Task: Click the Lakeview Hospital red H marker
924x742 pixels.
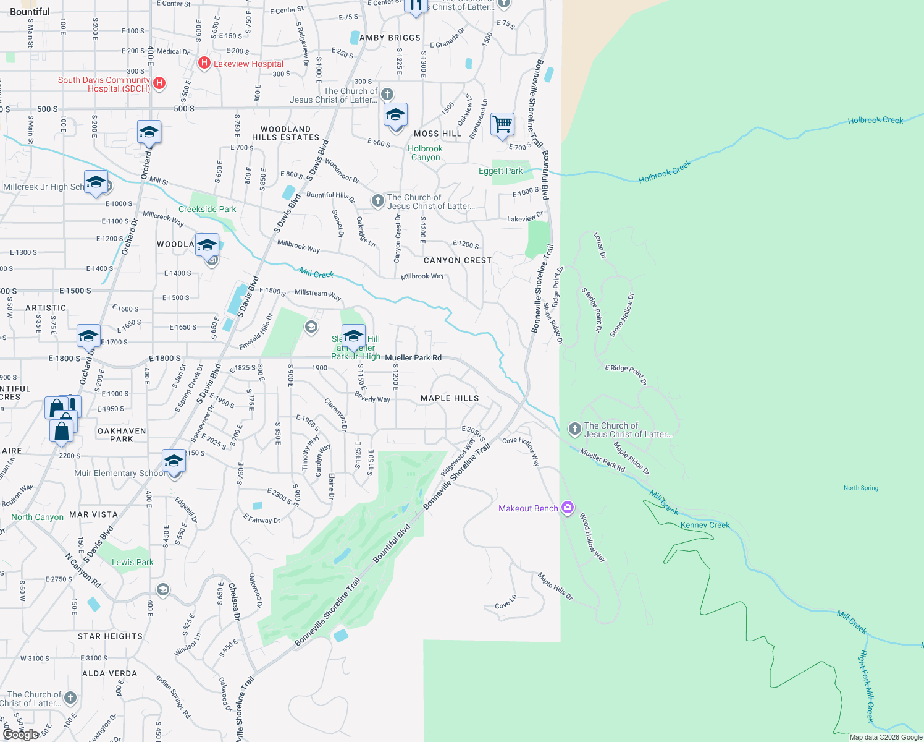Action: tap(204, 63)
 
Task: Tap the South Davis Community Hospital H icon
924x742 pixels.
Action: tap(159, 83)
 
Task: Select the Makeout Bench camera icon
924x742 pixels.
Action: tap(568, 508)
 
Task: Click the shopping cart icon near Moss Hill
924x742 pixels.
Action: tap(502, 124)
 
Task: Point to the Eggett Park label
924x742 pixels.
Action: tap(500, 171)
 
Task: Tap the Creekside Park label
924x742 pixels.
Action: tap(207, 210)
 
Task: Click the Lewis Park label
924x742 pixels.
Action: tap(132, 563)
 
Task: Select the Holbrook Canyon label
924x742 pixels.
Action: tap(425, 153)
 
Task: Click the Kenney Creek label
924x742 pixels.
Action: tap(705, 526)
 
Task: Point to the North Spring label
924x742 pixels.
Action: tap(860, 488)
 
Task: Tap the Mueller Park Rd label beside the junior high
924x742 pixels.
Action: tap(413, 358)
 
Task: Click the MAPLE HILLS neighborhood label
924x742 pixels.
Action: tap(450, 399)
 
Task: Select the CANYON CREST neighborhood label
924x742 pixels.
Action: tap(457, 260)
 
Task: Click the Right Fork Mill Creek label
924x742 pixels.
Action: tap(867, 686)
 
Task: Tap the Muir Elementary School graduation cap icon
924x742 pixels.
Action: tap(174, 461)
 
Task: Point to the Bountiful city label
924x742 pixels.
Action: tap(30, 12)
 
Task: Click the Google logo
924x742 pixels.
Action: tap(20, 735)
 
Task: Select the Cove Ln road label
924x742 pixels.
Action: tap(505, 602)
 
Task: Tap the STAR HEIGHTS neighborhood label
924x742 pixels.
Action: tap(110, 636)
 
